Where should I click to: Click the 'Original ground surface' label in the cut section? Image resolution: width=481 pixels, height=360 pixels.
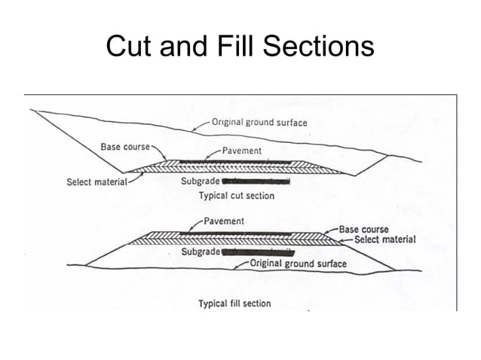click(259, 122)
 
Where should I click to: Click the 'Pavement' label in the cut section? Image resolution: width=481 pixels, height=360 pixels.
click(242, 151)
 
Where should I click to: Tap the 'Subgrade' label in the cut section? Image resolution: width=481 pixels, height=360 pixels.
click(201, 182)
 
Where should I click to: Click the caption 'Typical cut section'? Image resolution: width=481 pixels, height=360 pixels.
click(236, 195)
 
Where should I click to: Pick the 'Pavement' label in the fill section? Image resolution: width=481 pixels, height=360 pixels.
click(224, 221)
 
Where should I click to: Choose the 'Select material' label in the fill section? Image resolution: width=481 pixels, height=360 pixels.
click(384, 239)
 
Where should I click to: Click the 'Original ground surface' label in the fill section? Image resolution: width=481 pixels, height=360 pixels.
click(298, 264)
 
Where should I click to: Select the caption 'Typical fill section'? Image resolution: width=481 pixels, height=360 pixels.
click(234, 304)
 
